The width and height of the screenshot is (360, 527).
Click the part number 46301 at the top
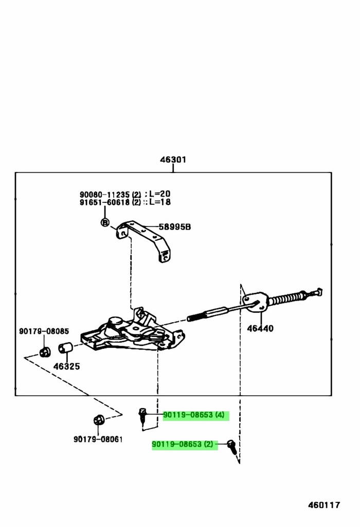pyautogui.click(x=173, y=160)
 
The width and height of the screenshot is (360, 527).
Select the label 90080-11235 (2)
pyautogui.click(x=110, y=195)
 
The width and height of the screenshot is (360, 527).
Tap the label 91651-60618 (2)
pyautogui.click(x=110, y=202)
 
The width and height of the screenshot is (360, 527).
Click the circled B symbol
pyautogui.click(x=104, y=222)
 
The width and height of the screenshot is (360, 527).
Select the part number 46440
pyautogui.click(x=260, y=328)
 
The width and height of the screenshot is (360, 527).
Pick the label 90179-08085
pyautogui.click(x=44, y=331)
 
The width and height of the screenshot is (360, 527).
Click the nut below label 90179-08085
pyautogui.click(x=45, y=352)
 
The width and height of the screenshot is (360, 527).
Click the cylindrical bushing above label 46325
pyautogui.click(x=65, y=349)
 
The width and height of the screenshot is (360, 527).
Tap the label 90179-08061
pyautogui.click(x=98, y=439)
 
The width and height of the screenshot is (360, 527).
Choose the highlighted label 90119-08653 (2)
pyautogui.click(x=184, y=444)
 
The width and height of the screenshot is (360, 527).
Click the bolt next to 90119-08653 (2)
pyautogui.click(x=232, y=446)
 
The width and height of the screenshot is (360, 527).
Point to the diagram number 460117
pyautogui.click(x=324, y=505)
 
